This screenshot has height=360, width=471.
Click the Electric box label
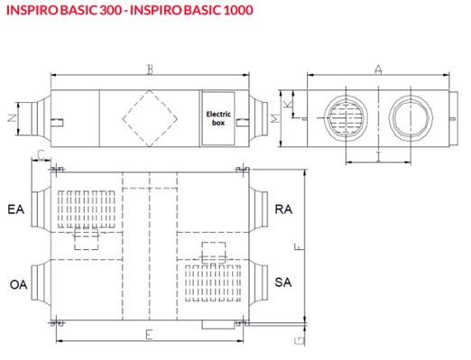coord(218,118)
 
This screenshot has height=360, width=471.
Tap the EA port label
coord(15,209)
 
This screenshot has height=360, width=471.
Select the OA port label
coord(18,284)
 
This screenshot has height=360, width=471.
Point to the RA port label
coord(283,209)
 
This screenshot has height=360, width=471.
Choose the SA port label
coord(283,282)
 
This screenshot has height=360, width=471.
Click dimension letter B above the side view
coord(150,69)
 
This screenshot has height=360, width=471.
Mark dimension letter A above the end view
coord(378,69)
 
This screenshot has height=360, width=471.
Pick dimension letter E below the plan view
coord(149,335)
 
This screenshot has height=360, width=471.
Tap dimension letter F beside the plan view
coord(299,247)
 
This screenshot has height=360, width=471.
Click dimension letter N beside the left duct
coord(12,118)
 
